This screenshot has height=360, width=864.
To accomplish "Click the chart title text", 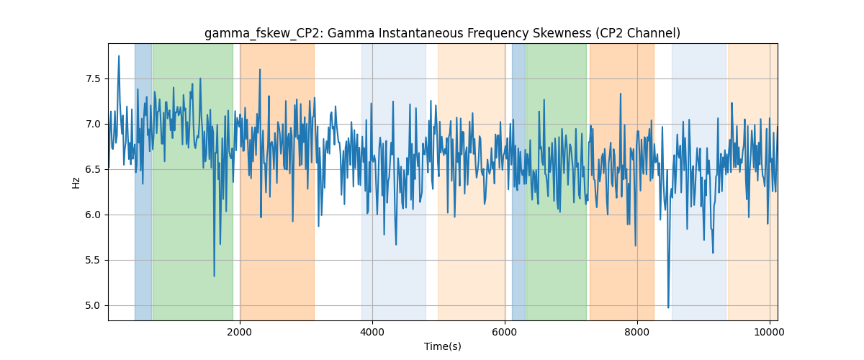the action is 442,34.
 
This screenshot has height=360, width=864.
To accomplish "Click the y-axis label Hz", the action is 76,183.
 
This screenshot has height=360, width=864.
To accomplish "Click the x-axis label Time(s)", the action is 442,346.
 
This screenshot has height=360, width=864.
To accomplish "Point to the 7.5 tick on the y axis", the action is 93,79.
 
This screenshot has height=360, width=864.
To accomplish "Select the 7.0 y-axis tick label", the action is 93,125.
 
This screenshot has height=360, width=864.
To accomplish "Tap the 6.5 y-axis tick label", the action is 93,170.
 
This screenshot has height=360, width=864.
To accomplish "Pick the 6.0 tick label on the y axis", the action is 93,215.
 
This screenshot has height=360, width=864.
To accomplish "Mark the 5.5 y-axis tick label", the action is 93,261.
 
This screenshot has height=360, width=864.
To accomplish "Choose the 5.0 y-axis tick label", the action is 93,305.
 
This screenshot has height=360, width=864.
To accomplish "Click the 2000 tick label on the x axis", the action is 240,332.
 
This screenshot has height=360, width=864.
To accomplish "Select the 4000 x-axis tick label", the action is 372,332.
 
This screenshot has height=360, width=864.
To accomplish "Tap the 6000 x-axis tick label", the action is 505,332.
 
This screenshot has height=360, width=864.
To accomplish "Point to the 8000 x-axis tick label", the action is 637,332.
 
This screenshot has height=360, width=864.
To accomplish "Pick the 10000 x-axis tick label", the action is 770,332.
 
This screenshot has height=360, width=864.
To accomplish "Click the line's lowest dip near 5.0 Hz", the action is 668,307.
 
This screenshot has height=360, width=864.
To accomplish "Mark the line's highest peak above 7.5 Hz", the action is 119,56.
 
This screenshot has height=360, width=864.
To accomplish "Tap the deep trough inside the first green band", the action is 214,276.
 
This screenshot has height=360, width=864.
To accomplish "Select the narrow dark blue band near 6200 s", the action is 519,181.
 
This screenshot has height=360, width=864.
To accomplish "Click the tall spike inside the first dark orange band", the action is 260,70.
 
